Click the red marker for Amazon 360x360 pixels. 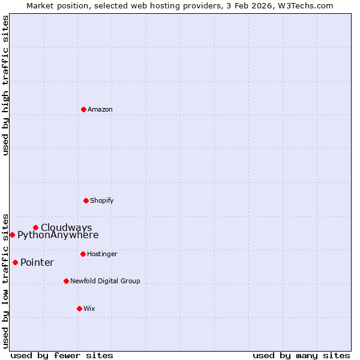click(x=83, y=109)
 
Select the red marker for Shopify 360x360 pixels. click(x=86, y=200)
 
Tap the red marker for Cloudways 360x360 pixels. click(x=35, y=227)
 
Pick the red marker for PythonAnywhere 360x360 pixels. click(x=12, y=235)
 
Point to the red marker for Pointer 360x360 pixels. click(x=15, y=262)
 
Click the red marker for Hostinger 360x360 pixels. click(x=83, y=254)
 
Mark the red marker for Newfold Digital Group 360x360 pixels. click(x=66, y=281)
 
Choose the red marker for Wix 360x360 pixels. click(x=79, y=308)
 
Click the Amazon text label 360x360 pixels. click(x=100, y=109)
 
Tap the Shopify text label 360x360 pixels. click(x=102, y=200)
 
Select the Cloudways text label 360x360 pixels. click(x=67, y=227)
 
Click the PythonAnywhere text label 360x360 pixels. click(x=58, y=235)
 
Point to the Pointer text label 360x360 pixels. click(x=37, y=262)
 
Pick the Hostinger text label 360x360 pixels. click(x=102, y=254)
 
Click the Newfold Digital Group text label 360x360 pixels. click(x=105, y=281)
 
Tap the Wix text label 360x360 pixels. click(x=89, y=308)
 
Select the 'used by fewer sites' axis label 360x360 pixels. click(x=62, y=355)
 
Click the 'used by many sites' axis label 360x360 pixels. click(x=301, y=355)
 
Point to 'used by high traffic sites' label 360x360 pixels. click(x=5, y=85)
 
